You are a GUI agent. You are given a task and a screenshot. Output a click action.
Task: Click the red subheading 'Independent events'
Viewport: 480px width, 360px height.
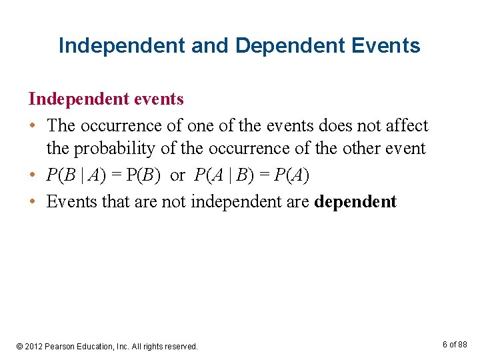106,99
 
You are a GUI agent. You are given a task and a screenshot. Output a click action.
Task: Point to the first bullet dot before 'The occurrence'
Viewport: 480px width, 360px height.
33,126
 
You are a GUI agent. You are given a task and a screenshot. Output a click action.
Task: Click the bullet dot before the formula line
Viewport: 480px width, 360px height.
33,175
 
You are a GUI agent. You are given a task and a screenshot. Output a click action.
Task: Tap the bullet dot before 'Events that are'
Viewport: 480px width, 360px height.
33,202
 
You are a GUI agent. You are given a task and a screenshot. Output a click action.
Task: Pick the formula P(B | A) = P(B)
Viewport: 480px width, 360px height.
103,175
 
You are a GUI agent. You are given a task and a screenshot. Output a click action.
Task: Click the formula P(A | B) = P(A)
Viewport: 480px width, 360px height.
252,175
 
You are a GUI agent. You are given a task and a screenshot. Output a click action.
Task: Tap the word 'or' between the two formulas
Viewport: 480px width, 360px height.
177,175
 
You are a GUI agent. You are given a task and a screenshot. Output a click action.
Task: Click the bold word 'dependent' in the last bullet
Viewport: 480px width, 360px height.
355,201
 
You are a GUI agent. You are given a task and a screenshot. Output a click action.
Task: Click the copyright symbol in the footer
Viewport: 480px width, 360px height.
20,347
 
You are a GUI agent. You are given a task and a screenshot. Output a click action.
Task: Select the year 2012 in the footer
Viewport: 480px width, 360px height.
34,347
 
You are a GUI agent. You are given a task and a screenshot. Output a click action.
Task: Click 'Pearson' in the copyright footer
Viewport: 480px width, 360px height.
61,347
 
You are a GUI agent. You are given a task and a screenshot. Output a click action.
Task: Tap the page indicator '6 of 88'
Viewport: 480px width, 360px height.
455,344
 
